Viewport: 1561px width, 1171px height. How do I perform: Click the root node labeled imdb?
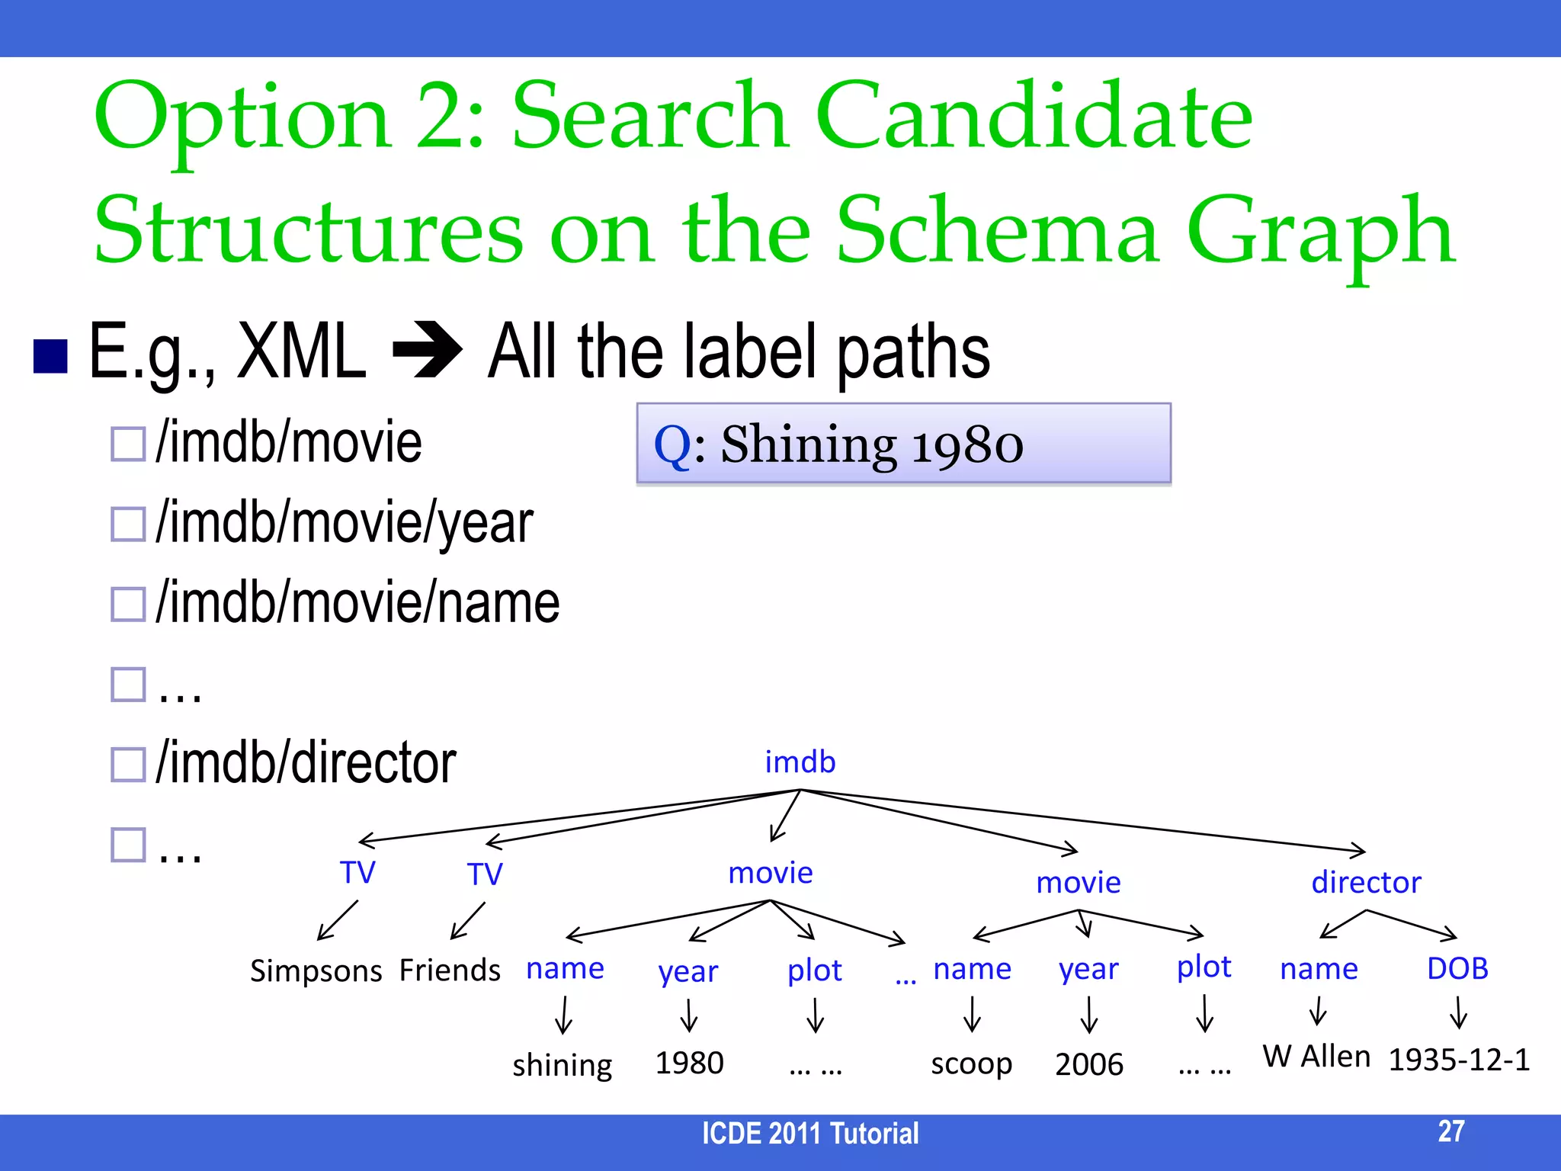pyautogui.click(x=800, y=762)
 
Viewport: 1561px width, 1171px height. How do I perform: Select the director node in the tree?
pyautogui.click(x=1366, y=882)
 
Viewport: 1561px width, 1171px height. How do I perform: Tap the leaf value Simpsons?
pyautogui.click(x=316, y=970)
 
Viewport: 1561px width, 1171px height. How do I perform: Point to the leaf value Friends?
pyautogui.click(x=450, y=970)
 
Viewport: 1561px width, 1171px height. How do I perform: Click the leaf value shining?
pyautogui.click(x=563, y=1064)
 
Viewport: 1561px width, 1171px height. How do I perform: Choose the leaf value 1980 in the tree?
pyautogui.click(x=689, y=1063)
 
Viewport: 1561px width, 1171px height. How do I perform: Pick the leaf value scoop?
pyautogui.click(x=971, y=1064)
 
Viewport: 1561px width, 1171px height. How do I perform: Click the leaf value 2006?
pyautogui.click(x=1089, y=1064)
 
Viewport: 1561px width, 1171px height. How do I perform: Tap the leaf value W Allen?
pyautogui.click(x=1316, y=1057)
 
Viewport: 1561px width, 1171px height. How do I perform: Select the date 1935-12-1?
pyautogui.click(x=1459, y=1060)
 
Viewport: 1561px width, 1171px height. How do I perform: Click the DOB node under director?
pyautogui.click(x=1457, y=968)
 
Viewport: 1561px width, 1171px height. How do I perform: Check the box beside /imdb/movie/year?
pyautogui.click(x=128, y=525)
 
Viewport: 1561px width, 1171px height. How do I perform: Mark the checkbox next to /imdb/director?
pyautogui.click(x=128, y=764)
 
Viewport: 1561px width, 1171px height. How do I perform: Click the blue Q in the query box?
pyautogui.click(x=672, y=444)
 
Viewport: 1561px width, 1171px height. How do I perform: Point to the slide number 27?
pyautogui.click(x=1451, y=1131)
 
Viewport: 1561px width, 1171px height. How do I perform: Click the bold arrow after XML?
pyautogui.click(x=427, y=351)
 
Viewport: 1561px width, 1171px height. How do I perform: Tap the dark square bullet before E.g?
pyautogui.click(x=51, y=355)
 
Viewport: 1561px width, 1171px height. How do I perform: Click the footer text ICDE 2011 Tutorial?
pyautogui.click(x=810, y=1134)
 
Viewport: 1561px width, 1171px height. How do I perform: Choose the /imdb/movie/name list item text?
pyautogui.click(x=357, y=602)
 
